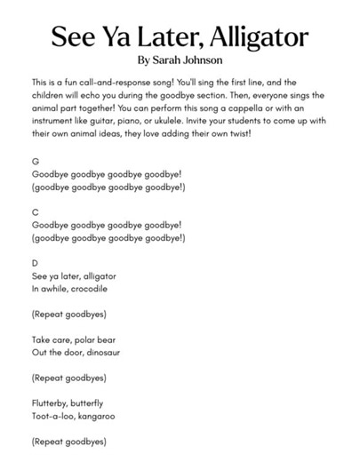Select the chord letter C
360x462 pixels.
pos(34,212)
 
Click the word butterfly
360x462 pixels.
pos(98,402)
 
